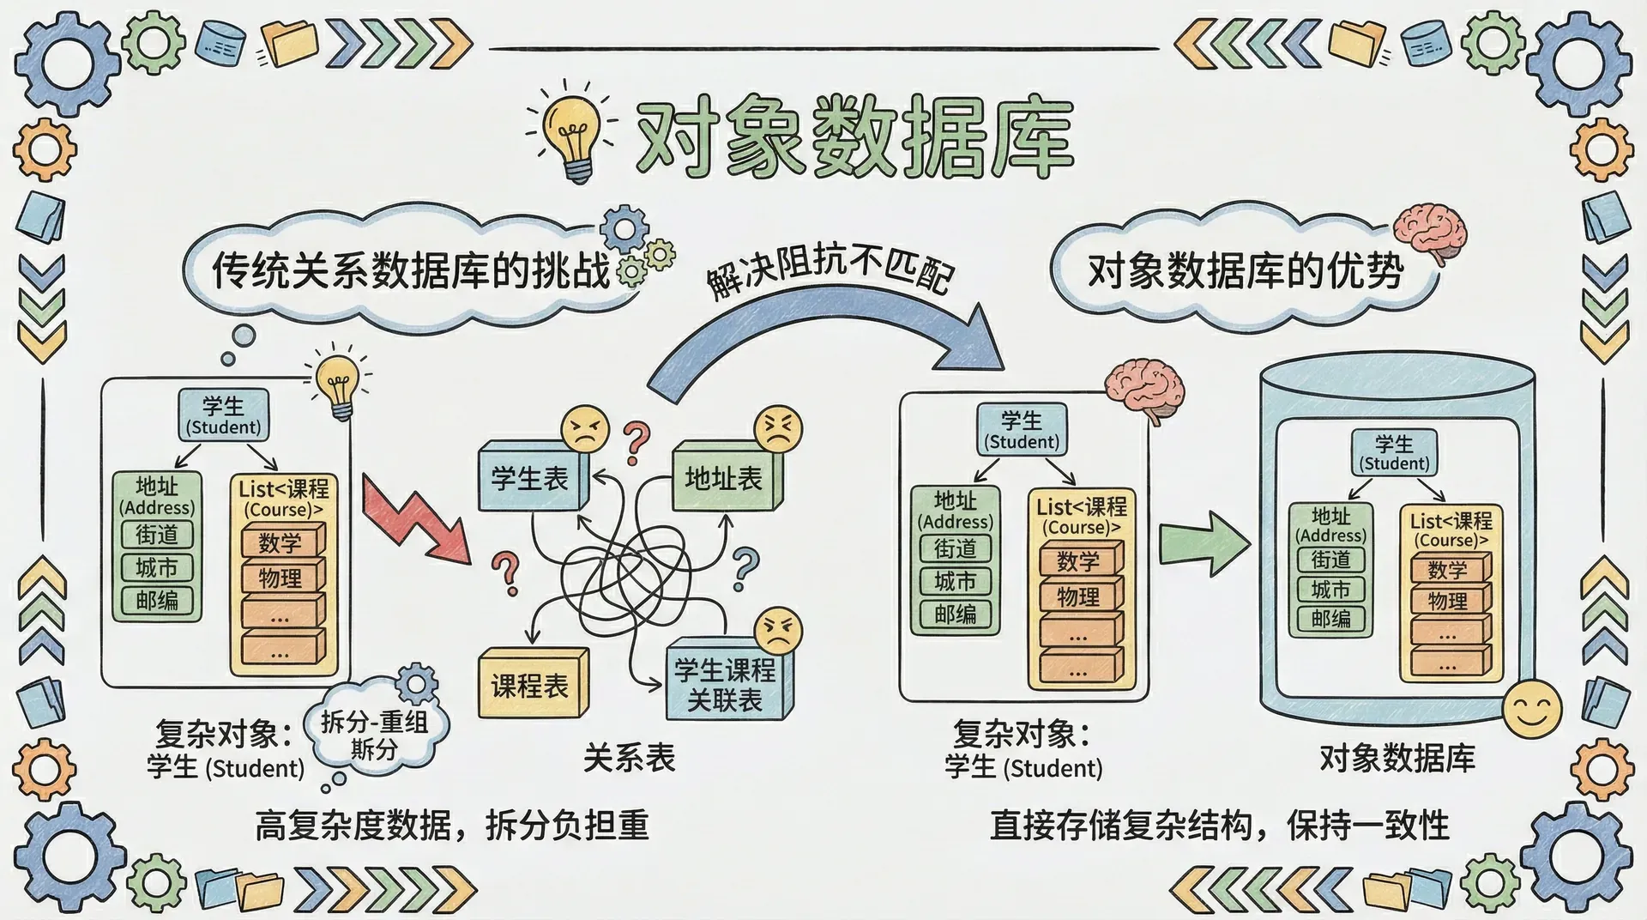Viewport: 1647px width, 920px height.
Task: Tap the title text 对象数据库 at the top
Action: (x=854, y=139)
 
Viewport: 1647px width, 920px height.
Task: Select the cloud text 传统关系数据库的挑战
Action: (x=410, y=270)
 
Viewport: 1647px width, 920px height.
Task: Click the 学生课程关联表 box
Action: (x=726, y=685)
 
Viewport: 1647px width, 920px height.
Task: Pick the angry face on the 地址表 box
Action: (x=777, y=429)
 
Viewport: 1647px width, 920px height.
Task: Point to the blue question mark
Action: (x=745, y=568)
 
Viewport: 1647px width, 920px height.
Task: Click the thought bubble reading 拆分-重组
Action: (x=376, y=735)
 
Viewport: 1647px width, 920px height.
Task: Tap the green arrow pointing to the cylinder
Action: (x=1204, y=542)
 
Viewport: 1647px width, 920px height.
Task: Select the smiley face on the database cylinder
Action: (x=1532, y=708)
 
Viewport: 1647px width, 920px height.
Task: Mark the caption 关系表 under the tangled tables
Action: (x=629, y=758)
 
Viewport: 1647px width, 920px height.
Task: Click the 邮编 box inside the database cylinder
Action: (x=1330, y=618)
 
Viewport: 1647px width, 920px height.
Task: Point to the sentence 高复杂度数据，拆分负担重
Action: (x=451, y=826)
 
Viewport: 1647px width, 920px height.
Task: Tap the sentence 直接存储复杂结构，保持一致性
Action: (x=1219, y=826)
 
